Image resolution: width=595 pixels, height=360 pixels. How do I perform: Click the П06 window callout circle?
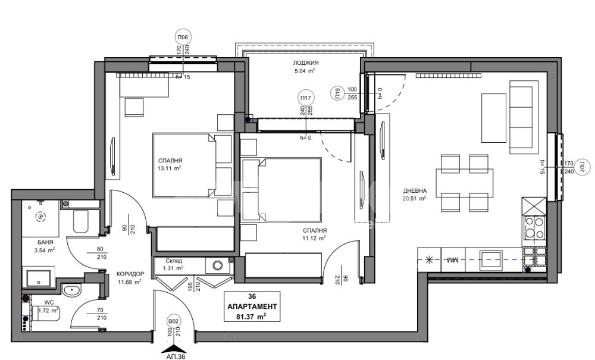point(183,37)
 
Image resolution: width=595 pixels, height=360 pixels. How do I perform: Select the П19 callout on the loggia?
point(337,93)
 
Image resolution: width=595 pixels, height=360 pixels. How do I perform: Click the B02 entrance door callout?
point(173,321)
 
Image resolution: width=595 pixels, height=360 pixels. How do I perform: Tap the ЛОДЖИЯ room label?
point(305,62)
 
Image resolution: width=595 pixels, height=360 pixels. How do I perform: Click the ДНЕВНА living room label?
point(415,191)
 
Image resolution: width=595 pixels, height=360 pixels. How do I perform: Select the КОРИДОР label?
point(130,274)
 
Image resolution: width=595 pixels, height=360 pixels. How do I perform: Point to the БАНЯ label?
point(45,242)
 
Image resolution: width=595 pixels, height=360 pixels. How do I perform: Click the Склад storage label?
point(174,261)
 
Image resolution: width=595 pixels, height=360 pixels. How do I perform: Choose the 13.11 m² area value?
point(169,168)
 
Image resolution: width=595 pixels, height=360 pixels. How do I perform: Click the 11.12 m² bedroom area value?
point(314,238)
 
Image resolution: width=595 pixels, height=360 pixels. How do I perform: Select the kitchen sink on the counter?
point(491,259)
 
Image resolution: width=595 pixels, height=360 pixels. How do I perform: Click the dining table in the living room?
point(465,183)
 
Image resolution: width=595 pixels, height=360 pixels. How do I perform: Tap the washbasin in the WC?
point(72,292)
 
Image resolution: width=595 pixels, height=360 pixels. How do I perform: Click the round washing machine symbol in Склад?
point(217,265)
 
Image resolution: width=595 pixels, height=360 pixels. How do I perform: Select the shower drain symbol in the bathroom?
point(40,217)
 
